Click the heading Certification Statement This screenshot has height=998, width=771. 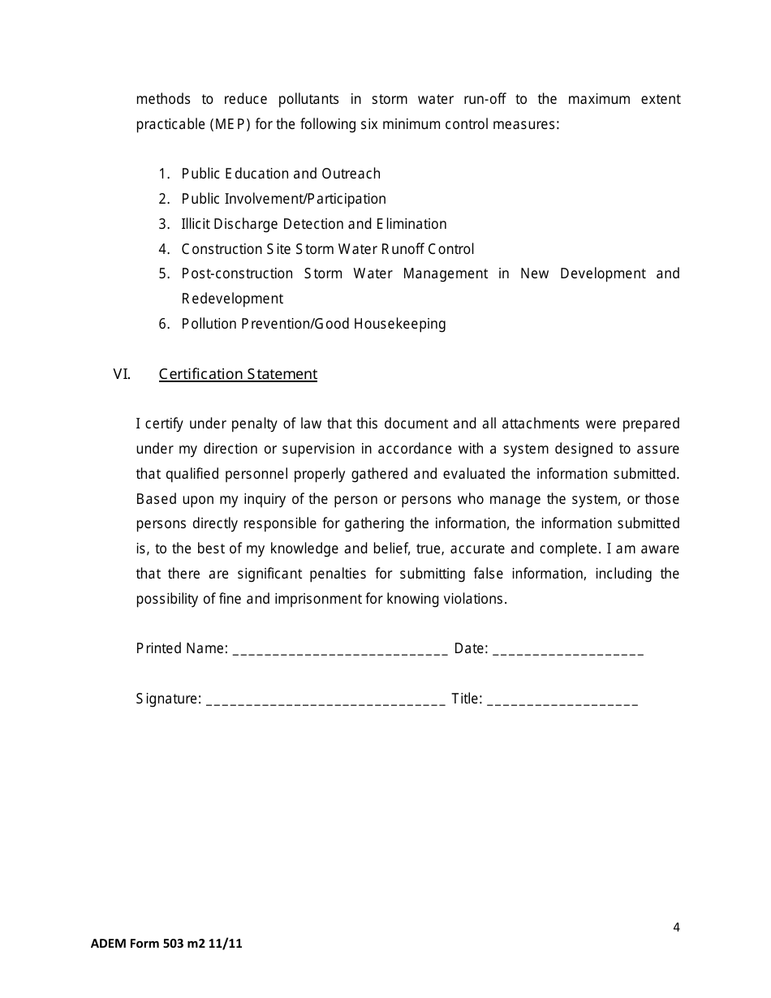tap(238, 374)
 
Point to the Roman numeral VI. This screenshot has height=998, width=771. tap(122, 374)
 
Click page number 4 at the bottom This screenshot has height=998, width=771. tap(676, 927)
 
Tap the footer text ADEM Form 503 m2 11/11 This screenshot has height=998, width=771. tap(166, 944)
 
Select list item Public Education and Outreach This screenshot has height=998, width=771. tap(281, 174)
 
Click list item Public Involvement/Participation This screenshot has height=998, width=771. tap(283, 199)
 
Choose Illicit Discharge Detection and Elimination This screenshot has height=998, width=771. tap(314, 224)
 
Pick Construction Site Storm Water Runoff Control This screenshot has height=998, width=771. tap(328, 249)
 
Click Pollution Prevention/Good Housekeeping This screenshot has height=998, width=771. tap(313, 324)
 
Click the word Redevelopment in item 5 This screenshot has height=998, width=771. tap(232, 299)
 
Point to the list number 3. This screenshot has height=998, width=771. tap(163, 224)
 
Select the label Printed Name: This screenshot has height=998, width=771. tap(182, 648)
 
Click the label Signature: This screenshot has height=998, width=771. tap(169, 699)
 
